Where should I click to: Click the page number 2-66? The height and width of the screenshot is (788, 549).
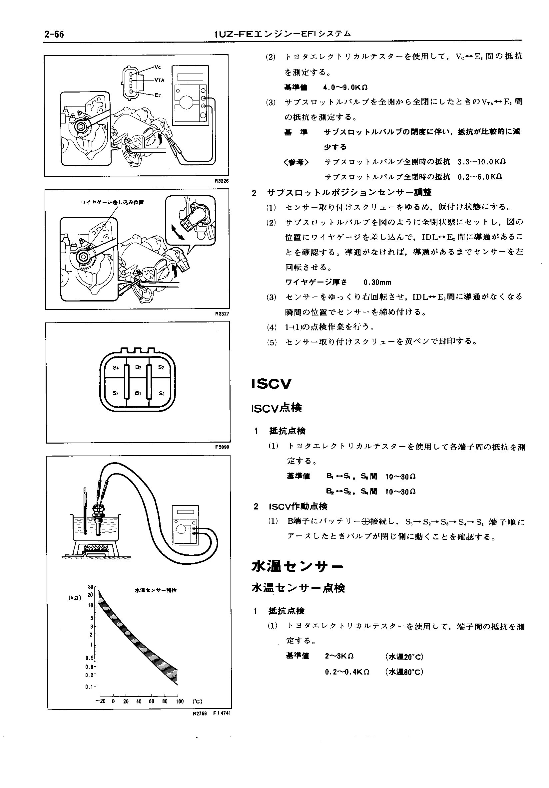coord(54,35)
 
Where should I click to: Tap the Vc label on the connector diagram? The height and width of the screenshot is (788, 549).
coord(158,67)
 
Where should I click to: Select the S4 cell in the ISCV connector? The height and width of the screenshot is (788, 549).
coord(116,368)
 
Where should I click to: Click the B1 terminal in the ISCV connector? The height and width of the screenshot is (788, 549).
coord(138,393)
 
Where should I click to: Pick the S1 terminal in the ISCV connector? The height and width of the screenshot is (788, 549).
coord(162,394)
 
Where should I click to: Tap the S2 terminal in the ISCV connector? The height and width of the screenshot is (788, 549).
coord(161,368)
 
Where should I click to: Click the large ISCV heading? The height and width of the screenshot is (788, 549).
coord(272,384)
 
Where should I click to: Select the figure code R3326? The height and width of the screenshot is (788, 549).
coord(221,181)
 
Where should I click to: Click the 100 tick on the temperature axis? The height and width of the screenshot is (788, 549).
coord(180,701)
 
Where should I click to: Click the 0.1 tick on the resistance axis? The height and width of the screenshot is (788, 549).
coord(89,687)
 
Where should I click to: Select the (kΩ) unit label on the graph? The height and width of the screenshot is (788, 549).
coord(75,598)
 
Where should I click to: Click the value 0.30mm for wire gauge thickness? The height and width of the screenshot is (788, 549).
coord(377,283)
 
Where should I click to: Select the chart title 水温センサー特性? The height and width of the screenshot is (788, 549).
coord(156,590)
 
